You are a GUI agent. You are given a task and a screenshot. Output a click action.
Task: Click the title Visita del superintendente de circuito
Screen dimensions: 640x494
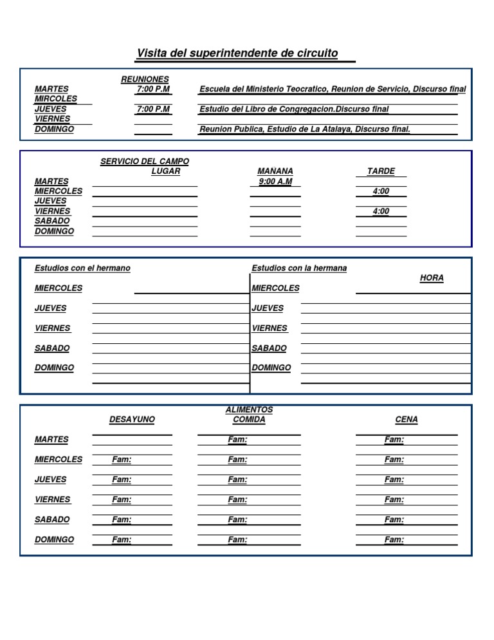(x=237, y=53)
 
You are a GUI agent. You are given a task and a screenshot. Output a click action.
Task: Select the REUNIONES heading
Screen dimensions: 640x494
(x=145, y=79)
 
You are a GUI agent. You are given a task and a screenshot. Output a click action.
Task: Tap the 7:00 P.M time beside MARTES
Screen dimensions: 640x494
(x=153, y=89)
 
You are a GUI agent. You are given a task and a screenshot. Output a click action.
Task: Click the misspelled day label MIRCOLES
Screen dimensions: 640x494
(x=56, y=99)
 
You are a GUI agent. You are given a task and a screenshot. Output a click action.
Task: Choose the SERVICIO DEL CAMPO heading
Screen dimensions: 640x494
(x=145, y=162)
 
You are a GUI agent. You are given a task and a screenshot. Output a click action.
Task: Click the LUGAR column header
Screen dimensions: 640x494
(x=165, y=171)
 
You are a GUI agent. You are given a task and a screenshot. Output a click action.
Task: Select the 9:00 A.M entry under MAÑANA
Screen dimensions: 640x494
(x=275, y=182)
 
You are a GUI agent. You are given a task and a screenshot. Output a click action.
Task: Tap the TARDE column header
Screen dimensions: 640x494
(x=381, y=171)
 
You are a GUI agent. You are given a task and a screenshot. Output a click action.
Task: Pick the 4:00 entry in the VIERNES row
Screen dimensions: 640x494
(x=381, y=211)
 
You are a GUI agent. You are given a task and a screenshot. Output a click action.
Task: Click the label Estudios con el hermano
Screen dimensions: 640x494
(x=82, y=268)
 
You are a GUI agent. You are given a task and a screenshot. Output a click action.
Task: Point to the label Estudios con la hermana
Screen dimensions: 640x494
(x=299, y=268)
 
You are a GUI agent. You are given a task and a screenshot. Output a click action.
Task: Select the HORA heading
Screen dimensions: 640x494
(x=432, y=278)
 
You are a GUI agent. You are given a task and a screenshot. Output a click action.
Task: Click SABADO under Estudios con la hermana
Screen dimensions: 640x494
(x=270, y=348)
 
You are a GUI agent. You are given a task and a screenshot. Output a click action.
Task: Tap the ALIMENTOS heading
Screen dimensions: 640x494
(x=249, y=409)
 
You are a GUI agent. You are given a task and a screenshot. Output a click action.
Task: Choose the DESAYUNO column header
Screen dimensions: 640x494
(x=132, y=420)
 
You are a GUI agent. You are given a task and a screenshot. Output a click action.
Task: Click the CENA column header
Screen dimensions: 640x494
(x=407, y=420)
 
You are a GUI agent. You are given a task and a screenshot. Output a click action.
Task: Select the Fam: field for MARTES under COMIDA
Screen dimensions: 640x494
(x=237, y=440)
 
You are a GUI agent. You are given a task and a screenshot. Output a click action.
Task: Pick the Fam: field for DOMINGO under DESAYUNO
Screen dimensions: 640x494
(x=122, y=540)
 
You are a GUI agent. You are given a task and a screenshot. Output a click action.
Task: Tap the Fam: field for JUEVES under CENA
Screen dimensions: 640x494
(x=394, y=480)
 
